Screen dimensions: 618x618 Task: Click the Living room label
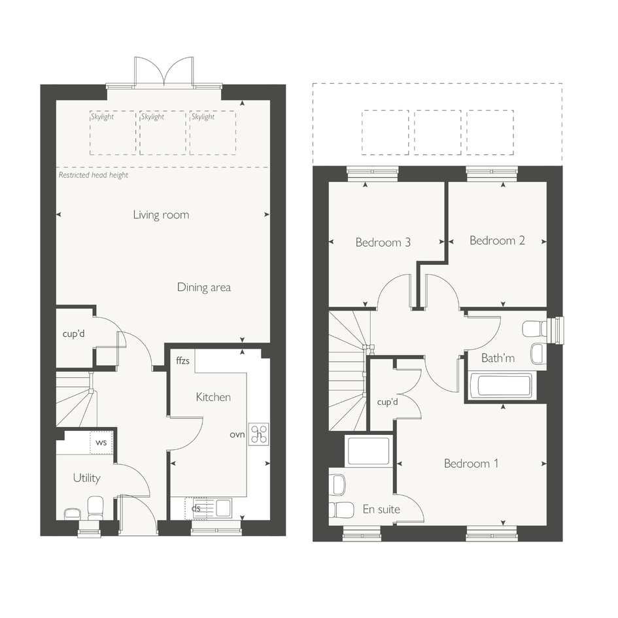pos(161,215)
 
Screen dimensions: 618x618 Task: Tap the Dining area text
pos(204,287)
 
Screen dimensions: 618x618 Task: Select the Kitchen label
pos(213,397)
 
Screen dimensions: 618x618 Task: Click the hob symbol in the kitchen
pos(259,434)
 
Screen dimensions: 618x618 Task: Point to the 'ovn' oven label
pos(237,434)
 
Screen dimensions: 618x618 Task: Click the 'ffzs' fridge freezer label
pos(183,360)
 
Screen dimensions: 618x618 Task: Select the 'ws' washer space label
pos(101,442)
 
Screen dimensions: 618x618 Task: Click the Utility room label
pos(87,478)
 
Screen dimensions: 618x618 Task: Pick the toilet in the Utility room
pos(95,508)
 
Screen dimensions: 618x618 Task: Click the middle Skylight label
pos(152,116)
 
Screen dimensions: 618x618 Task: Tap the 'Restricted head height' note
pos(94,175)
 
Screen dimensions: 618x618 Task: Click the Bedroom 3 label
pos(383,242)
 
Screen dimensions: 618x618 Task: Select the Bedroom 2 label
pos(498,241)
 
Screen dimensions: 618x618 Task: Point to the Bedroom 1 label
pos(472,463)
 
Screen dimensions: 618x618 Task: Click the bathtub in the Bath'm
pos(500,386)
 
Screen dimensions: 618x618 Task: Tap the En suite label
pos(381,509)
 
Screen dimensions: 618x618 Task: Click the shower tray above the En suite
pos(369,451)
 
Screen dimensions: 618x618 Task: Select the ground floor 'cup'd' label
pos(74,334)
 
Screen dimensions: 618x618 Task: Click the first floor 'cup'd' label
pos(387,402)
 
